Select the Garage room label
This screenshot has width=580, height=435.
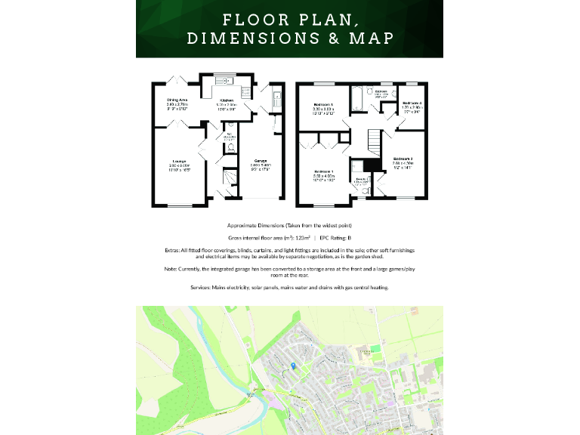pos(261,161)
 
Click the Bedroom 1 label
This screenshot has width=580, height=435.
pos(323,172)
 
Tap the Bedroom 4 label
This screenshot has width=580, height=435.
pos(412,103)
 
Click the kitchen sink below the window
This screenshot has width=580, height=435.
pos(223,81)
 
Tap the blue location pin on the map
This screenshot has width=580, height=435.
pos(293,366)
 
